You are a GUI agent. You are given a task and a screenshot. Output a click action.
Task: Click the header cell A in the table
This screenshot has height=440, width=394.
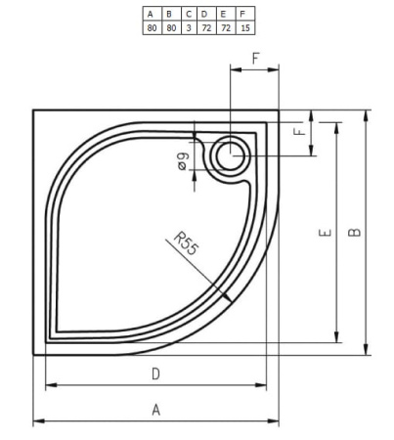[x=151, y=14]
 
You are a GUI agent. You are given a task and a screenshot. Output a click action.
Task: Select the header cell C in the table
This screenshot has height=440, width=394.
[x=188, y=14]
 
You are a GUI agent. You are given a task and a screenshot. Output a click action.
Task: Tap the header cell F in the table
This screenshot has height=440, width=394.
[x=243, y=14]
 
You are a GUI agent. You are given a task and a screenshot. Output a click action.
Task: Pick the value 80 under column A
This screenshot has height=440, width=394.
[x=151, y=27]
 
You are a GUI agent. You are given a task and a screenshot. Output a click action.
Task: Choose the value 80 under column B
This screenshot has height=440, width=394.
[x=169, y=27]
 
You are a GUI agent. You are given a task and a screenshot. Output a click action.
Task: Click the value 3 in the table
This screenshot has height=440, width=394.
[x=188, y=27]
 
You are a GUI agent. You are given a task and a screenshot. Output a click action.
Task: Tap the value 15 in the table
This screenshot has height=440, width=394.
[x=243, y=27]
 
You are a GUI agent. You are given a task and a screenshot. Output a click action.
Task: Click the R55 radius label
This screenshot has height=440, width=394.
[x=185, y=243]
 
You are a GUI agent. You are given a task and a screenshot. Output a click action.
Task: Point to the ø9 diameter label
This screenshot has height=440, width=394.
[x=183, y=162]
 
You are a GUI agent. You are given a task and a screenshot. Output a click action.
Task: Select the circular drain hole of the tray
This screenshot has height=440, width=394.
[x=233, y=152]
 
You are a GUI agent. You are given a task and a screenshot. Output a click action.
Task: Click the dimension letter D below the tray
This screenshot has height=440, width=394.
[x=155, y=374]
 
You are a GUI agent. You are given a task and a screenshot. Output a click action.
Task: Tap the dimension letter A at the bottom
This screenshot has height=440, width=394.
[x=155, y=410]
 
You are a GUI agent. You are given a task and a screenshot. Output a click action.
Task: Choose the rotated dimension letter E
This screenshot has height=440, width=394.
[x=324, y=233]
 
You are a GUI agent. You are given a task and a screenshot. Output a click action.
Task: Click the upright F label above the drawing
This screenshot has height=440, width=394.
[x=255, y=59]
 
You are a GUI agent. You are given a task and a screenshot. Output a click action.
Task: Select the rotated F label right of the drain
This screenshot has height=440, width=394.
[x=300, y=129]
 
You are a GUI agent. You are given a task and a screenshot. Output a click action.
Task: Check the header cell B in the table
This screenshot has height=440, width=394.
[x=169, y=14]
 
